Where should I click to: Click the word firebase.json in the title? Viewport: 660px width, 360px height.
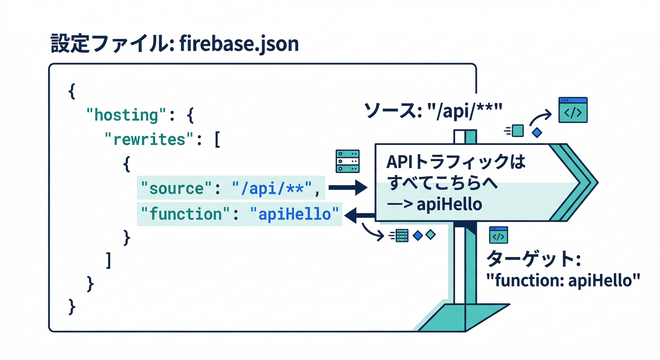[239, 44]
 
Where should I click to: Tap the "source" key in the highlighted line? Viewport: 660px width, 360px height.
[173, 188]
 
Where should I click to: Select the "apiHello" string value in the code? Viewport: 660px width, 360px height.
[294, 214]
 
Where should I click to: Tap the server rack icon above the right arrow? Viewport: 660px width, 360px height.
[347, 161]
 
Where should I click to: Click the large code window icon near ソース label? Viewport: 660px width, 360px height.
[572, 110]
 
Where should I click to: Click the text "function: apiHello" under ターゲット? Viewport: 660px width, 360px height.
[562, 281]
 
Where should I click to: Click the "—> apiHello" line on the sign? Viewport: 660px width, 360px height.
[433, 205]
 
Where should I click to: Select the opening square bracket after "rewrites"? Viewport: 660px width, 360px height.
[217, 139]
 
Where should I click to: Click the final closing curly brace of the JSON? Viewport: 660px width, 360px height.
[72, 307]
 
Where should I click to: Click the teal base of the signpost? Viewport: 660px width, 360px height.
[464, 318]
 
